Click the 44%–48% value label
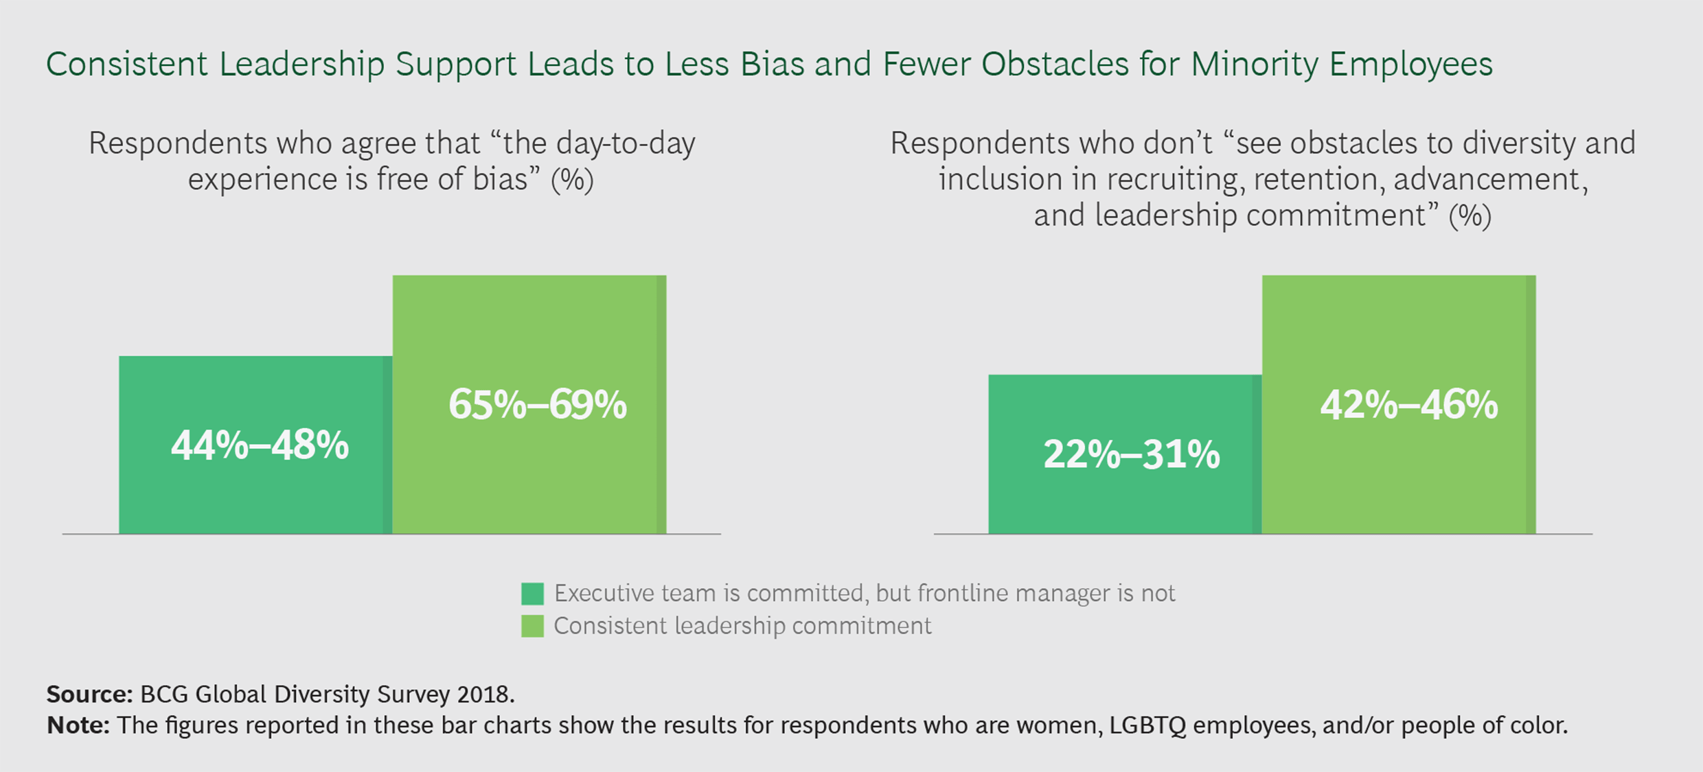pyautogui.click(x=260, y=445)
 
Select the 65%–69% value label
pyautogui.click(x=537, y=404)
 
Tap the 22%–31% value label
pyautogui.click(x=1131, y=454)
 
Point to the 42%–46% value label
pyautogui.click(x=1408, y=404)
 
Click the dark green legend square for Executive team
pyautogui.click(x=532, y=594)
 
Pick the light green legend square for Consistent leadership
pyautogui.click(x=532, y=626)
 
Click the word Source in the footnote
pyautogui.click(x=88, y=694)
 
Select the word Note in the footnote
pyautogui.click(x=77, y=725)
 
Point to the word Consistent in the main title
pyautogui.click(x=127, y=65)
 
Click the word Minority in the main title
pyautogui.click(x=1254, y=65)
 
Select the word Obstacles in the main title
pyautogui.click(x=1055, y=65)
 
